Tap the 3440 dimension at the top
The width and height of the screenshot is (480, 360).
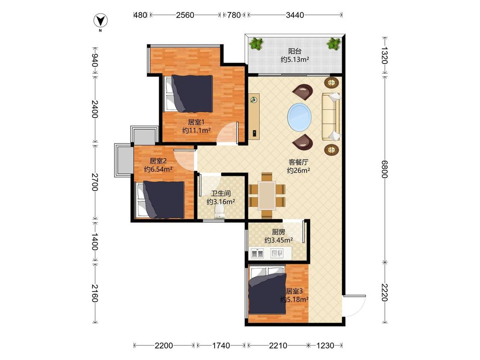click(295, 15)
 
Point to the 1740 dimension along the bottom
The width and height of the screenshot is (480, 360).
click(221, 345)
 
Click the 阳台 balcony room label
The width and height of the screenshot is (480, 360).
click(294, 51)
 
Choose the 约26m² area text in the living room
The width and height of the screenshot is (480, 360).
click(298, 171)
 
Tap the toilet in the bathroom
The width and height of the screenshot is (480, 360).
click(219, 212)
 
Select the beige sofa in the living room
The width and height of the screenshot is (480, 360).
click(331, 116)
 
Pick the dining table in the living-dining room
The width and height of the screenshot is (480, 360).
click(267, 196)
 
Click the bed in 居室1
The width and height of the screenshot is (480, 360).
click(189, 93)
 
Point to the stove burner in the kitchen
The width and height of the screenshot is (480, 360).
click(257, 254)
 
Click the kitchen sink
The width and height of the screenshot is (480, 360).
click(277, 253)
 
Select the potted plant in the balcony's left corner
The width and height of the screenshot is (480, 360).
click(256, 44)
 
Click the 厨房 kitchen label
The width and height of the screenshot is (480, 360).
click(278, 232)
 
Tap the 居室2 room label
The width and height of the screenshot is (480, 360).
click(158, 161)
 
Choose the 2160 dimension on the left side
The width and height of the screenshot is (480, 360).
click(95, 293)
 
